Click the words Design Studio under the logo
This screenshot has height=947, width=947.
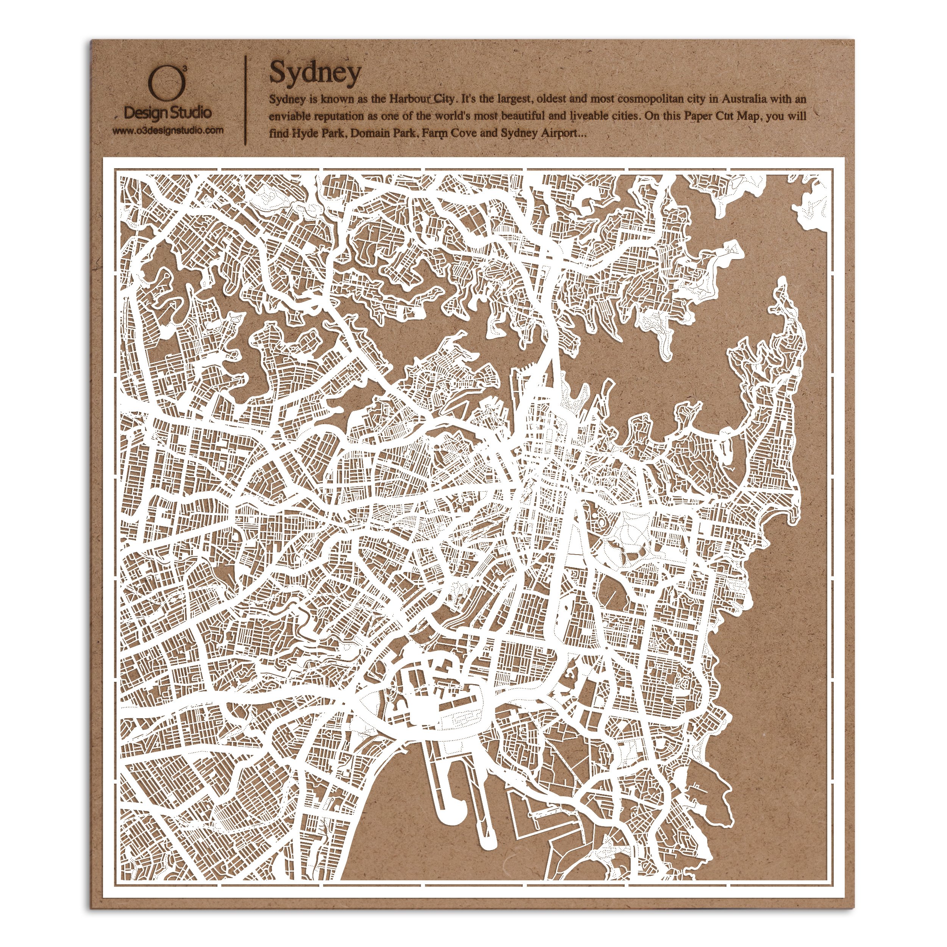click(168, 113)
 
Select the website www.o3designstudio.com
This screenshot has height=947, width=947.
click(168, 130)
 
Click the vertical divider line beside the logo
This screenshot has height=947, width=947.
click(245, 100)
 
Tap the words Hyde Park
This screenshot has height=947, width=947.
click(319, 133)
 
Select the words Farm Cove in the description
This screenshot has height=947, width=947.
click(448, 133)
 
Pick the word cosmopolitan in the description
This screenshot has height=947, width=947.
click(660, 99)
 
